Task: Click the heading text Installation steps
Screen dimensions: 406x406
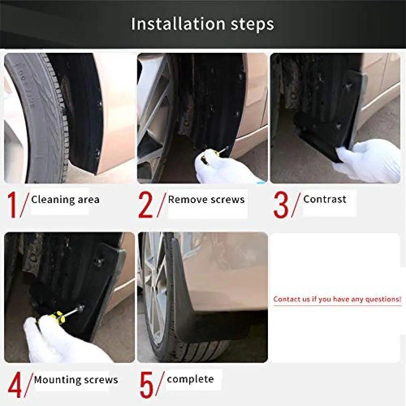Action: [203, 24]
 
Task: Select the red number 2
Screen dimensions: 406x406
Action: [146, 205]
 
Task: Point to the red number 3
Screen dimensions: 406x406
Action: [281, 205]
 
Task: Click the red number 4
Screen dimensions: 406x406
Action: [15, 386]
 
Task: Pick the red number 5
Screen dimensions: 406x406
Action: [147, 386]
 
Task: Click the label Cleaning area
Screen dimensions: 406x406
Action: [65, 200]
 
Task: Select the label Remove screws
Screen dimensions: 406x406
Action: [206, 200]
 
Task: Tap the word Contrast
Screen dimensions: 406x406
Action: [324, 199]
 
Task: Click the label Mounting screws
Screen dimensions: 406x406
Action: [76, 380]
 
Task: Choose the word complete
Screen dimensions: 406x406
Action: [190, 379]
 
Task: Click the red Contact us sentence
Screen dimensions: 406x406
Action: [337, 299]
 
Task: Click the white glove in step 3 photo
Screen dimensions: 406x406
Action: [367, 160]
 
